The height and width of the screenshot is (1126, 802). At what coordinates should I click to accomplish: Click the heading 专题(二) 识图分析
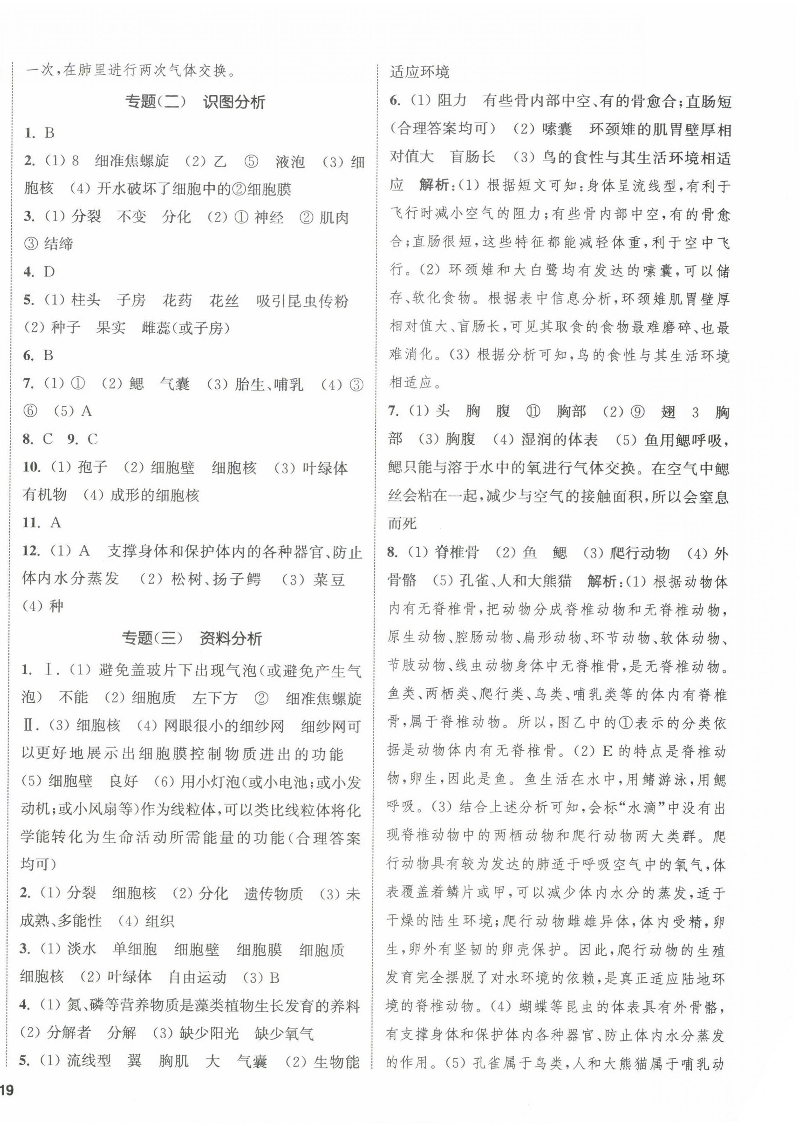(195, 102)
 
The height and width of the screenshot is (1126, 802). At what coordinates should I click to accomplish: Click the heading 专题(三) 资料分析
(192, 639)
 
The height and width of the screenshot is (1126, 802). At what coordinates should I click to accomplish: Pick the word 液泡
(290, 162)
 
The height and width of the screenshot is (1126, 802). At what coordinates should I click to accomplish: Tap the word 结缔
(59, 244)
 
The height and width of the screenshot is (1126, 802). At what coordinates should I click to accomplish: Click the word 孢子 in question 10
(92, 467)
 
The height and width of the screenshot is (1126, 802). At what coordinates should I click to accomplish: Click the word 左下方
(215, 698)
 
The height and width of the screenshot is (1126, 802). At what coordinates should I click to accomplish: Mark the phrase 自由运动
(198, 977)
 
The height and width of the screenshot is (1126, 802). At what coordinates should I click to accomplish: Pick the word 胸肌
(174, 1061)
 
